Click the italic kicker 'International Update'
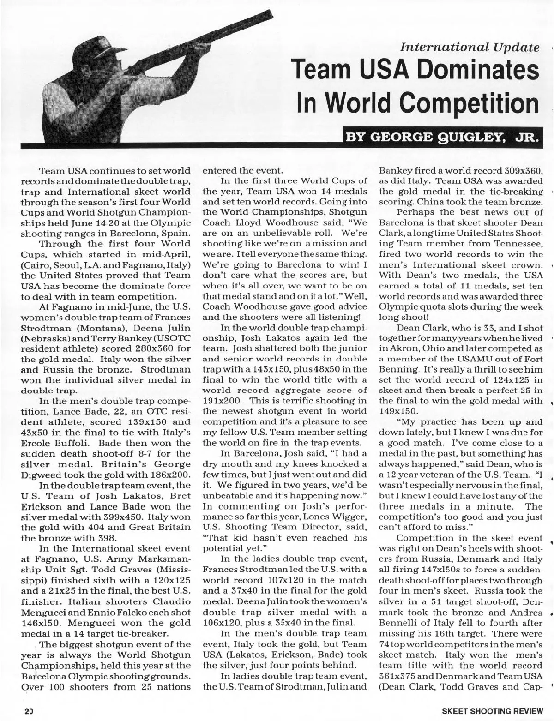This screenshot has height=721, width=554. coord(470,47)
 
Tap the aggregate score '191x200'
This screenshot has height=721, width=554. coord(223,400)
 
